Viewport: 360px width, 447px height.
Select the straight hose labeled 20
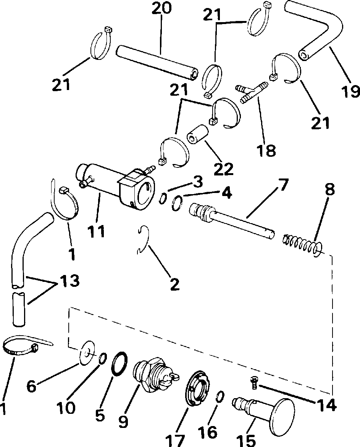click(x=157, y=62)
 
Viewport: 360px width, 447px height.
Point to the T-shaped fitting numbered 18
click(x=252, y=92)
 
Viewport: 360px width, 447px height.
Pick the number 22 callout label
click(x=223, y=168)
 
